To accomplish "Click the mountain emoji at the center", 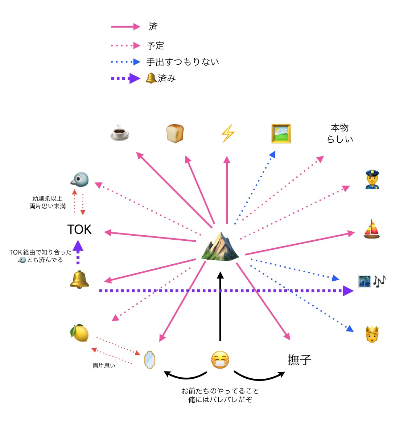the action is click(x=220, y=246).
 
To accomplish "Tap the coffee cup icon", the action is click(x=120, y=133).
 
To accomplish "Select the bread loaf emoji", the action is click(x=175, y=133).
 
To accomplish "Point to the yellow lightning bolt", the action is click(x=228, y=133).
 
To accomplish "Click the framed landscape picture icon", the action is click(x=281, y=133).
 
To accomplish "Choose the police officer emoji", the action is click(x=372, y=179).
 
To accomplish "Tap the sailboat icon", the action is click(x=372, y=229).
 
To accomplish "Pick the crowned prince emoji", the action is click(x=372, y=334).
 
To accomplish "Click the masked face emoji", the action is click(x=220, y=360).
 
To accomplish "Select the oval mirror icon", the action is click(x=150, y=360).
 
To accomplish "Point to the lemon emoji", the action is click(x=79, y=333).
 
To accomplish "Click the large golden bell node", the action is click(x=79, y=280).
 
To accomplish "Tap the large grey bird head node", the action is click(x=79, y=179).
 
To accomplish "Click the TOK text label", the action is click(x=79, y=229).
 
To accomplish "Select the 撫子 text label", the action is click(x=300, y=360).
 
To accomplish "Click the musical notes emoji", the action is click(x=379, y=281).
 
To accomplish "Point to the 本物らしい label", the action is click(x=340, y=133).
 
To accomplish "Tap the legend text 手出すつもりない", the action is click(x=182, y=62).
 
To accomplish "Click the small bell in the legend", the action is click(x=151, y=78).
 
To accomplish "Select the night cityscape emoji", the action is click(x=364, y=281).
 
